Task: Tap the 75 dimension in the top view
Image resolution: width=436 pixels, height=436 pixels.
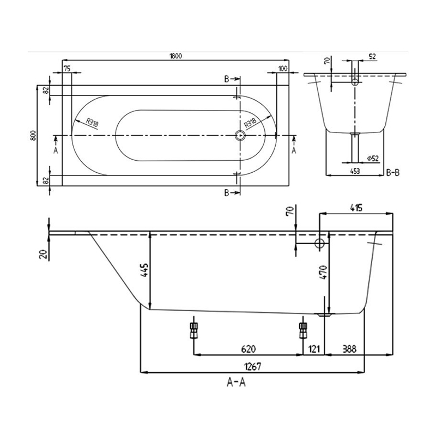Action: point(66,68)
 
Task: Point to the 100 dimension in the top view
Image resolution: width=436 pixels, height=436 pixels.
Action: point(282,68)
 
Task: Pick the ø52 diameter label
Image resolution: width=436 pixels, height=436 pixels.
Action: point(373,158)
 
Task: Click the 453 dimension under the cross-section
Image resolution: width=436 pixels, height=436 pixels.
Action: point(354,171)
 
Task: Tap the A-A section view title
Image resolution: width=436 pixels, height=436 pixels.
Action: point(236,383)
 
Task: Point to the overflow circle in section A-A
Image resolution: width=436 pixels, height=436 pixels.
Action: point(320,243)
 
